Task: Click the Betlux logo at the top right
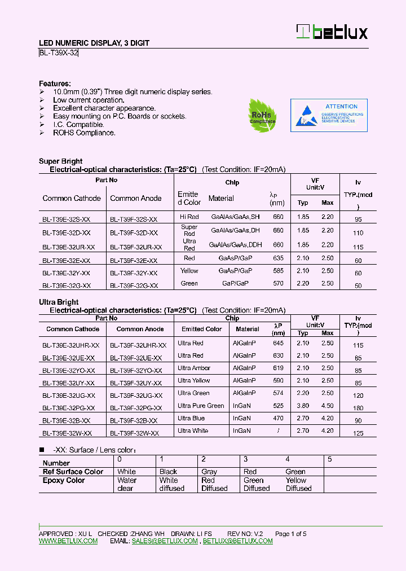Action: click(x=332, y=32)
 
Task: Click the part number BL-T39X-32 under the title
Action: click(x=59, y=53)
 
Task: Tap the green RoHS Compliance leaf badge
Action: click(x=262, y=116)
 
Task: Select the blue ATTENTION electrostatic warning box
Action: click(x=329, y=116)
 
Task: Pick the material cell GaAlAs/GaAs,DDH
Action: click(x=235, y=245)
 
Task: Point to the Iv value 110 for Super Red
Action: click(x=358, y=232)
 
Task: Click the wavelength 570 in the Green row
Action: click(x=278, y=283)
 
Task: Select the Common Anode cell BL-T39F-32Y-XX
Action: click(x=134, y=273)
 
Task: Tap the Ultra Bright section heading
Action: click(x=59, y=302)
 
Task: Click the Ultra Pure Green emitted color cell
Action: click(x=201, y=406)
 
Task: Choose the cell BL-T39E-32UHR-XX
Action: click(x=70, y=345)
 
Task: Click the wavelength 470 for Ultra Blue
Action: click(x=278, y=418)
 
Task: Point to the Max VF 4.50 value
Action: click(x=327, y=406)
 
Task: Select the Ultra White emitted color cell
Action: click(x=193, y=431)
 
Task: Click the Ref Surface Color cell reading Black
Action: click(x=168, y=472)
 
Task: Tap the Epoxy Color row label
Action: click(x=64, y=480)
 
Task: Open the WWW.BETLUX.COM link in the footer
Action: click(x=68, y=541)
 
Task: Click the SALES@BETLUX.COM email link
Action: click(x=165, y=541)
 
